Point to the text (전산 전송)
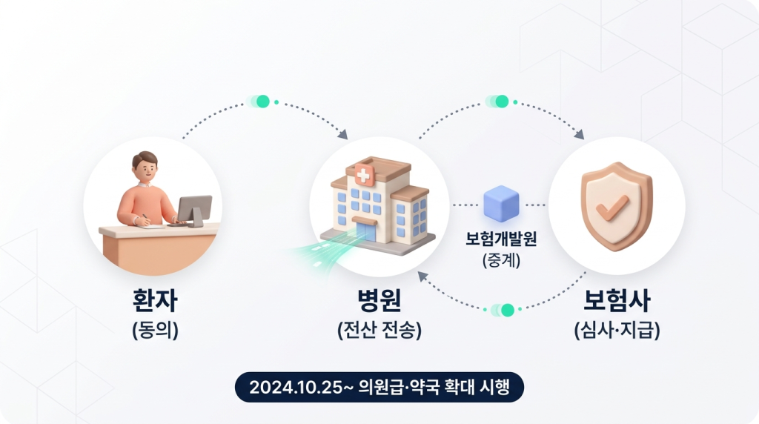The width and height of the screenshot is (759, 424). [x=379, y=329]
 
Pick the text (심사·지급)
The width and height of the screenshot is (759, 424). [x=617, y=329]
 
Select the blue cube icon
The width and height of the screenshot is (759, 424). [x=501, y=205]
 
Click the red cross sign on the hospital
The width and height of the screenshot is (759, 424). [x=365, y=176]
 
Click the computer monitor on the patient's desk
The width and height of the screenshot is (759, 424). [x=195, y=210]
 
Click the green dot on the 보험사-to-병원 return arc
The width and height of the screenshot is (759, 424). [x=507, y=310]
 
